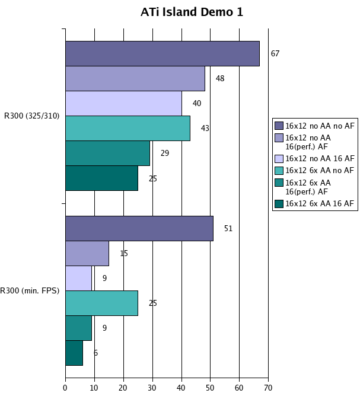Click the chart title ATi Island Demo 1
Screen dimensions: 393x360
(x=192, y=12)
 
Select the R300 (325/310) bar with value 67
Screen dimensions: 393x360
(x=162, y=53)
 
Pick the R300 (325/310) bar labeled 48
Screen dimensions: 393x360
(x=135, y=78)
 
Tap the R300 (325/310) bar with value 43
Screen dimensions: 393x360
(x=128, y=128)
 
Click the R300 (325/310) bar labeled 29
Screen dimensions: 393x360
(x=107, y=153)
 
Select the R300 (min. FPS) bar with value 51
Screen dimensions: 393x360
(x=139, y=228)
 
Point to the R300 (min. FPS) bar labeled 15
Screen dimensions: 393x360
(x=87, y=253)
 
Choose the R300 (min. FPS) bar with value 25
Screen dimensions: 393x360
(x=101, y=303)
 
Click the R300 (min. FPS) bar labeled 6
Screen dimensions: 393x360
(x=74, y=353)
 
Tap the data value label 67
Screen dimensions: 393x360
(x=275, y=53)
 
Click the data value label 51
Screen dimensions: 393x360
(x=228, y=228)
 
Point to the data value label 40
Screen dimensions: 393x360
(x=197, y=103)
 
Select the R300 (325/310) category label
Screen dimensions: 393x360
(x=31, y=116)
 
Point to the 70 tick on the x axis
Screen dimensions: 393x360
(x=268, y=388)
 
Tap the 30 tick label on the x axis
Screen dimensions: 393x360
(x=152, y=388)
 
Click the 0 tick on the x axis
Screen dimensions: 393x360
(x=65, y=388)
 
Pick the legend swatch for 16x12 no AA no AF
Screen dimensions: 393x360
(x=279, y=125)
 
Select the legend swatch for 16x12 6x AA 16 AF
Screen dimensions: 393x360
(x=279, y=203)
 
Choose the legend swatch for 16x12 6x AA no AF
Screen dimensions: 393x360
(x=279, y=170)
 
